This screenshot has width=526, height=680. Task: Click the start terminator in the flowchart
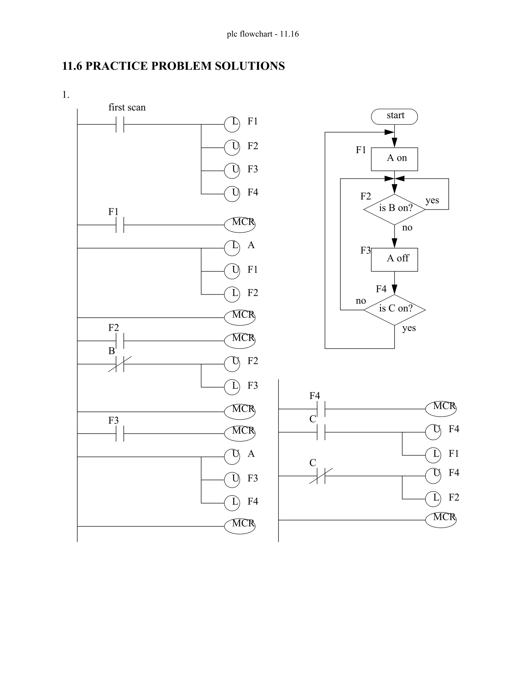(x=394, y=116)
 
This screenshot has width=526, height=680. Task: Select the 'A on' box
(x=394, y=159)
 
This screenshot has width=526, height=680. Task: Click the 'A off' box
(x=394, y=259)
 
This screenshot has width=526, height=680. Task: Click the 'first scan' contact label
(x=127, y=108)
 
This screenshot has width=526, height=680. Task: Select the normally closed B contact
(x=120, y=364)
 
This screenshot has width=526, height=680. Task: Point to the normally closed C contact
(x=321, y=476)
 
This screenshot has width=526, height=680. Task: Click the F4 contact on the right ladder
(x=321, y=409)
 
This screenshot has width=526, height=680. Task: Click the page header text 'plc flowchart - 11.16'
(x=263, y=34)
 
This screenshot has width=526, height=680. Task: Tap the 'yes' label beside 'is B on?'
(x=432, y=200)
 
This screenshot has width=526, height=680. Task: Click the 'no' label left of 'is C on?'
(x=361, y=301)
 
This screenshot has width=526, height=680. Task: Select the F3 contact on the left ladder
(x=120, y=433)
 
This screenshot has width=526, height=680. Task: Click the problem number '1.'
(x=65, y=95)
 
